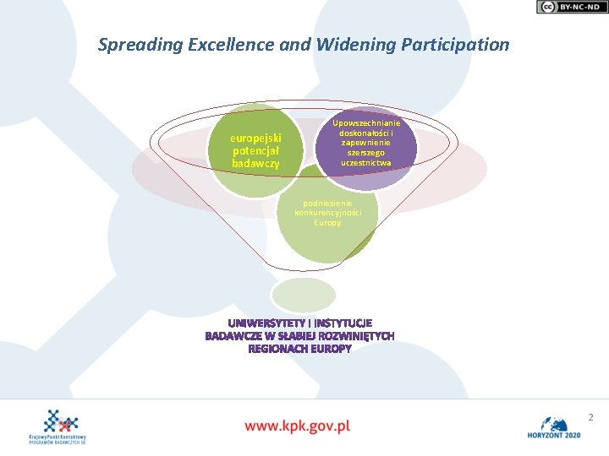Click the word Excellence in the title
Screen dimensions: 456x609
228,45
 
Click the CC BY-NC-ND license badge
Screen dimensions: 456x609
571,7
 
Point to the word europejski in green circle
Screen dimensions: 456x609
256,138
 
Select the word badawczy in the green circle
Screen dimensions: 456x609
256,162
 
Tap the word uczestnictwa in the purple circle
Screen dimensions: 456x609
366,162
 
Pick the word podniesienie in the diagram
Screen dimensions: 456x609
327,203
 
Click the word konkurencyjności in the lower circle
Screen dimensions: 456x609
327,213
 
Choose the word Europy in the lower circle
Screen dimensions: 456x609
327,223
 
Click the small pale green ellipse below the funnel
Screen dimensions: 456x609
303,295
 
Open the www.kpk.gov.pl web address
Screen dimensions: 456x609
297,426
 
